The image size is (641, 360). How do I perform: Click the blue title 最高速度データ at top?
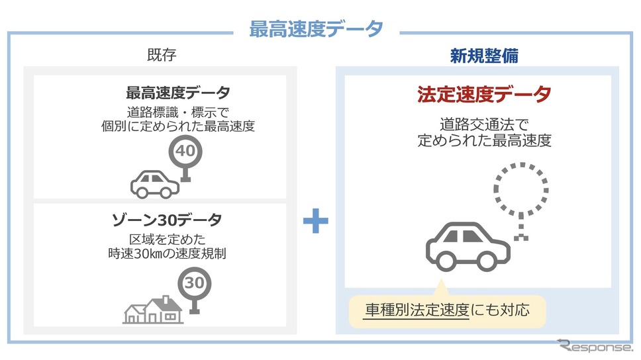[x=316, y=29]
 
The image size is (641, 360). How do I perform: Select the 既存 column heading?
[x=162, y=55]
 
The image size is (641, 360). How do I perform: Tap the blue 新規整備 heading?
[x=484, y=56]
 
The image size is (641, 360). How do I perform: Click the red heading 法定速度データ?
[x=484, y=95]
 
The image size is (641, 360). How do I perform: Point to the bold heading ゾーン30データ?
[x=167, y=220]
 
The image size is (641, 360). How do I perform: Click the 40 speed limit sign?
[x=185, y=158]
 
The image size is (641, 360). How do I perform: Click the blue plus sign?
[x=316, y=220]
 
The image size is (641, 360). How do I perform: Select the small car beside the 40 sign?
[x=155, y=184]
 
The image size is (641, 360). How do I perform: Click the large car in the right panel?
[x=468, y=247]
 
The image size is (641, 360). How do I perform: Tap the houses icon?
[x=153, y=310]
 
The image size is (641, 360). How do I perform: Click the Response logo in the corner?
[x=595, y=346]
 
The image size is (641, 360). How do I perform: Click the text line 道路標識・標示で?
[x=178, y=112]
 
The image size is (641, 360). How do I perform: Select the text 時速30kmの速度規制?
[x=167, y=253]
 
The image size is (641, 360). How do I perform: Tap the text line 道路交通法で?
[x=484, y=124]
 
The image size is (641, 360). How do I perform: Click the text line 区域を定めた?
[x=167, y=239]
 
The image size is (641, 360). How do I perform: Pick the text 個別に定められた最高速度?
[x=178, y=126]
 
